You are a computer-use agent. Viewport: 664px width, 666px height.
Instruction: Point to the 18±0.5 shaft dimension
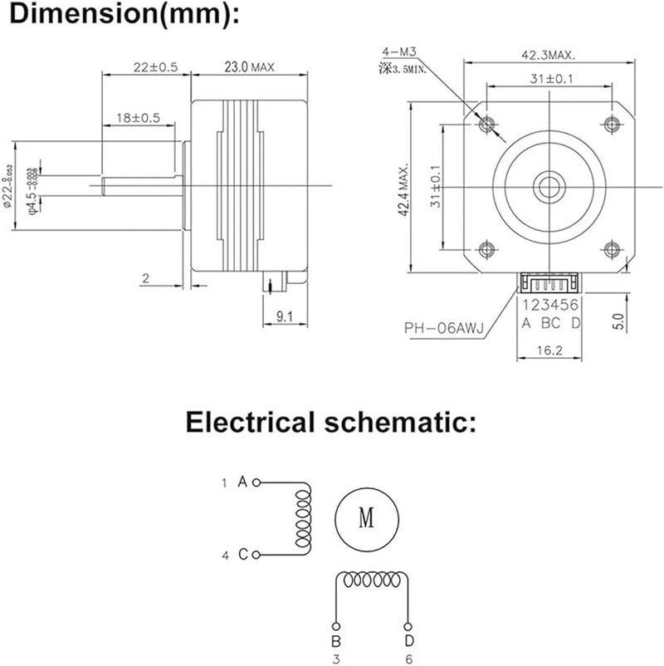[138, 118]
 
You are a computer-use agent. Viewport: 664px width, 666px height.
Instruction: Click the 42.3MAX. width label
[549, 55]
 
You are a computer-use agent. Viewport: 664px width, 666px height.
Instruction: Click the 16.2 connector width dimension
[549, 351]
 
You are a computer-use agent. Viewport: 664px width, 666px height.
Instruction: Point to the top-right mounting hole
[612, 125]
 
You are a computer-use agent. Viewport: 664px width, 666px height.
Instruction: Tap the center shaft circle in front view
[549, 185]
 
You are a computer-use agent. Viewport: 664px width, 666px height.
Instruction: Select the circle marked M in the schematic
[366, 518]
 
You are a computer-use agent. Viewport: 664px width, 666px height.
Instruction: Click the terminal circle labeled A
[256, 481]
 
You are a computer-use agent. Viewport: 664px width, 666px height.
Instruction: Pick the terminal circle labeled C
[256, 555]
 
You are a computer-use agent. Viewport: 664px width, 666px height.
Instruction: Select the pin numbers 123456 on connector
[549, 306]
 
